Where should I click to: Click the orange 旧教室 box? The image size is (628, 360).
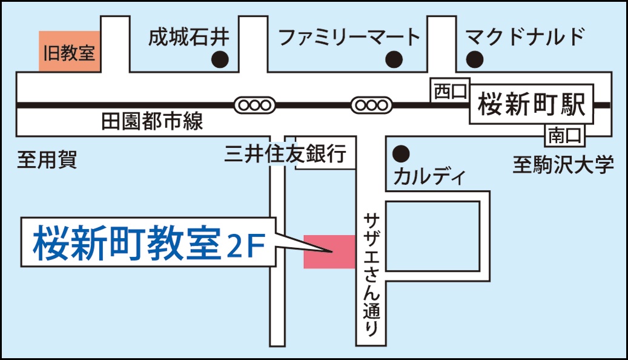69,52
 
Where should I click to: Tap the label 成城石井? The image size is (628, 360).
189,38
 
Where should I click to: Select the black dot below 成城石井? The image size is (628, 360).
219,59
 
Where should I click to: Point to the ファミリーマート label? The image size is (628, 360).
349,38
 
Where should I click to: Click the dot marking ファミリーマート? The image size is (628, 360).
394,59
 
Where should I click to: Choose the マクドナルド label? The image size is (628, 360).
525,37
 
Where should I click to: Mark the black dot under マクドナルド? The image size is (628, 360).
475,59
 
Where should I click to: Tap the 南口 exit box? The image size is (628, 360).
565,135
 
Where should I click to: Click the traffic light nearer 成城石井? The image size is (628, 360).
254,105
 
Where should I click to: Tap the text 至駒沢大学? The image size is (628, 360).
563,164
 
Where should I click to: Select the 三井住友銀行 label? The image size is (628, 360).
285,154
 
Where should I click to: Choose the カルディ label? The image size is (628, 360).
429,177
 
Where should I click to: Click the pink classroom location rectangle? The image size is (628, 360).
329,251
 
